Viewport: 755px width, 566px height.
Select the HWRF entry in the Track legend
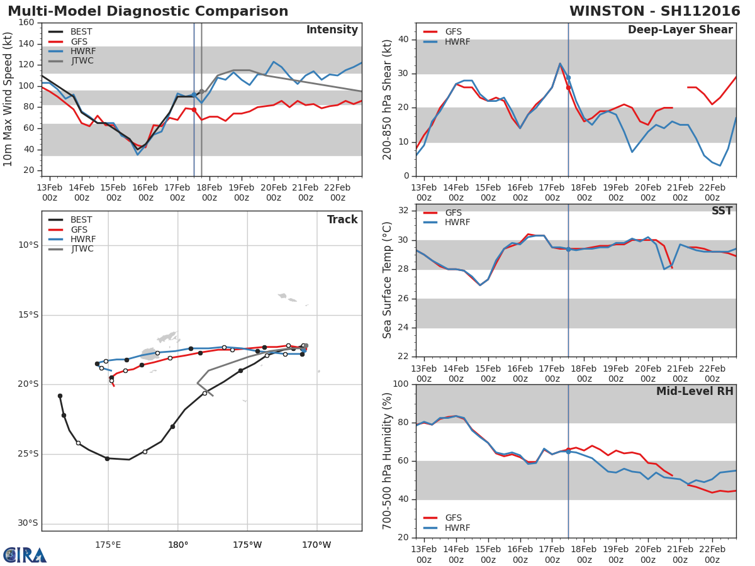click(x=83, y=239)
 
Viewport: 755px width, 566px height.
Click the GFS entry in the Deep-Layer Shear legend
click(x=453, y=31)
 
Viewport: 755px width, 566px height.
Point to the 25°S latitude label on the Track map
click(x=28, y=453)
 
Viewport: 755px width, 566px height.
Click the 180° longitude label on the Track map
click(x=177, y=545)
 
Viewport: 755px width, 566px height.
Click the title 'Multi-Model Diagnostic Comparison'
click(x=148, y=11)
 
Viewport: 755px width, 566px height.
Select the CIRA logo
click(x=25, y=555)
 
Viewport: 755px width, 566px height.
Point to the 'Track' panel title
click(x=342, y=219)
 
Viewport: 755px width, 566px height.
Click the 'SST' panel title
click(x=722, y=211)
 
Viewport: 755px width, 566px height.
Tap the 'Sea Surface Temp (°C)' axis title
click(x=388, y=280)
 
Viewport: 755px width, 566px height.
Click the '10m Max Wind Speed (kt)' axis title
click(x=8, y=99)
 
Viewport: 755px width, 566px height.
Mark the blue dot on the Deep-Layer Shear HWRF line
click(x=568, y=77)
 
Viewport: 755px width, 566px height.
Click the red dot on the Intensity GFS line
click(x=194, y=109)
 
